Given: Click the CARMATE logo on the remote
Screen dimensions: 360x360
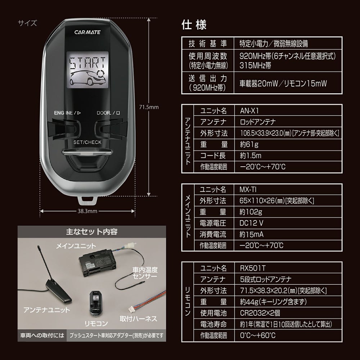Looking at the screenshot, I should point(87,32).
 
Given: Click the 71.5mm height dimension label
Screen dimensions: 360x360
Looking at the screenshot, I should point(149,107).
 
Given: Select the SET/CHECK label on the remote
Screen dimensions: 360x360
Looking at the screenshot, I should point(87,142).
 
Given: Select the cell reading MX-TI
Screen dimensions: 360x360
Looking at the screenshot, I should point(248,189).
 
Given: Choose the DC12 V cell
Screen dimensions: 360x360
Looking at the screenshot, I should point(251,223).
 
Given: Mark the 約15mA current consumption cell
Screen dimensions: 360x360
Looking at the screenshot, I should point(251,234).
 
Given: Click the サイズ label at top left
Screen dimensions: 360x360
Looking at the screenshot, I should point(27,23).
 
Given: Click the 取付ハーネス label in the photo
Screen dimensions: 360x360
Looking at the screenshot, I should point(138,318).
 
